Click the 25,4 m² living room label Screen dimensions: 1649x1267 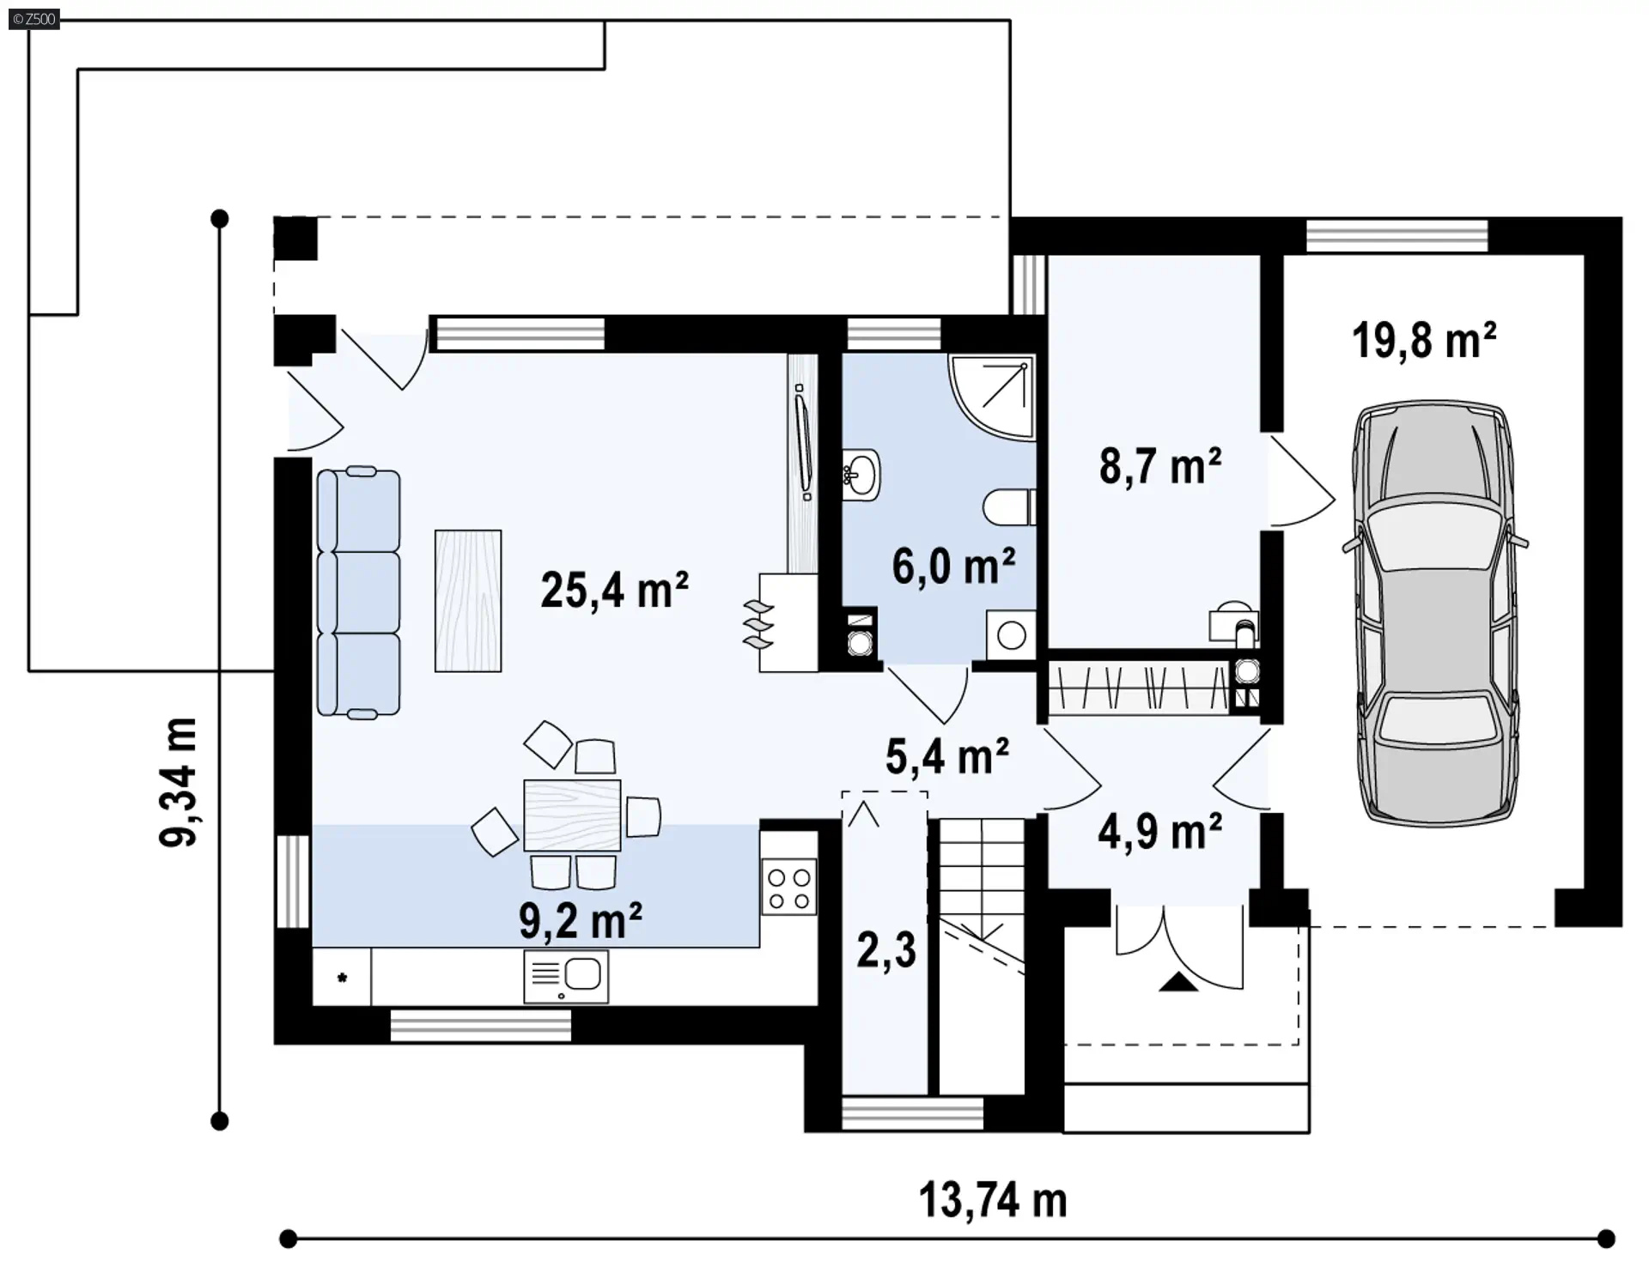614,591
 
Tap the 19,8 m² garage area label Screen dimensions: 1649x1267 1424,340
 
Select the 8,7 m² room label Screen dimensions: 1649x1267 1160,467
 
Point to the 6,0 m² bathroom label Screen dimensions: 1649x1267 953,567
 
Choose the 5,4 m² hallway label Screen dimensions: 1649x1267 946,756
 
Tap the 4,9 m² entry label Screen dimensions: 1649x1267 1159,832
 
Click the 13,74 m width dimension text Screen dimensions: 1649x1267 993,1199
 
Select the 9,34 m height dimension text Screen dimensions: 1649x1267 179,782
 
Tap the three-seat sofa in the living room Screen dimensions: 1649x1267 358,592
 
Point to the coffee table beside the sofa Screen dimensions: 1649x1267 468,601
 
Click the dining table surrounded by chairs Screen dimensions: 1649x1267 572,815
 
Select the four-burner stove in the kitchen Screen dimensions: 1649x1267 789,889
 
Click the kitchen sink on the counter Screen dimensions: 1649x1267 566,976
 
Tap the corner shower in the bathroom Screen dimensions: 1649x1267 992,397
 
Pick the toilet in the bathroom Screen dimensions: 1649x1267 1009,507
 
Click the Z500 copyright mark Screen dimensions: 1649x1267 34,19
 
